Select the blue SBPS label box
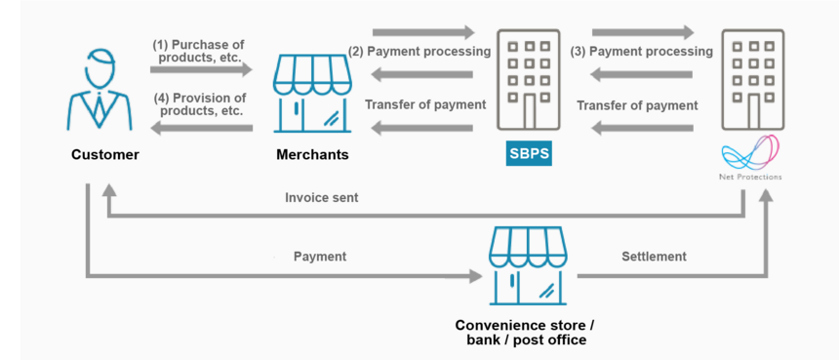click(x=529, y=154)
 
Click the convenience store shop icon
click(x=527, y=266)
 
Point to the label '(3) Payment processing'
click(x=643, y=51)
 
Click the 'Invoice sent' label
click(x=321, y=197)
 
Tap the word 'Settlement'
click(x=654, y=257)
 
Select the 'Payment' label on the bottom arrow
click(x=320, y=257)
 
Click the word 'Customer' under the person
click(x=104, y=155)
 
